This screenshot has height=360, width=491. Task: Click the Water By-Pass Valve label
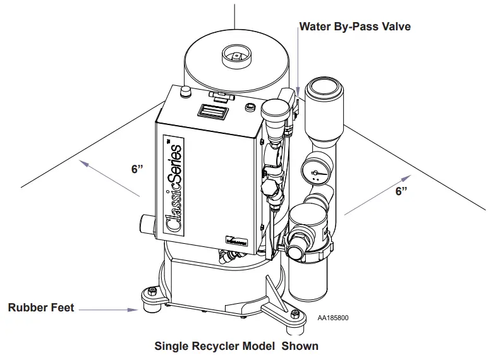355,27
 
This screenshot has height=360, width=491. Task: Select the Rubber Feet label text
40,308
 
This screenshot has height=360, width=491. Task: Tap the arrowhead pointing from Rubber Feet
135,309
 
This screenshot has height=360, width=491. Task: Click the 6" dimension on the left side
138,169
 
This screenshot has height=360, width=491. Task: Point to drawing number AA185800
332,318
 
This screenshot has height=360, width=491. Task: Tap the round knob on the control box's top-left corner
185,92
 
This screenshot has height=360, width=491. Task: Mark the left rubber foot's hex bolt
152,291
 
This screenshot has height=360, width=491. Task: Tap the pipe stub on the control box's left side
145,224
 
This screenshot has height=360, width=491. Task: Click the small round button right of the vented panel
250,105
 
